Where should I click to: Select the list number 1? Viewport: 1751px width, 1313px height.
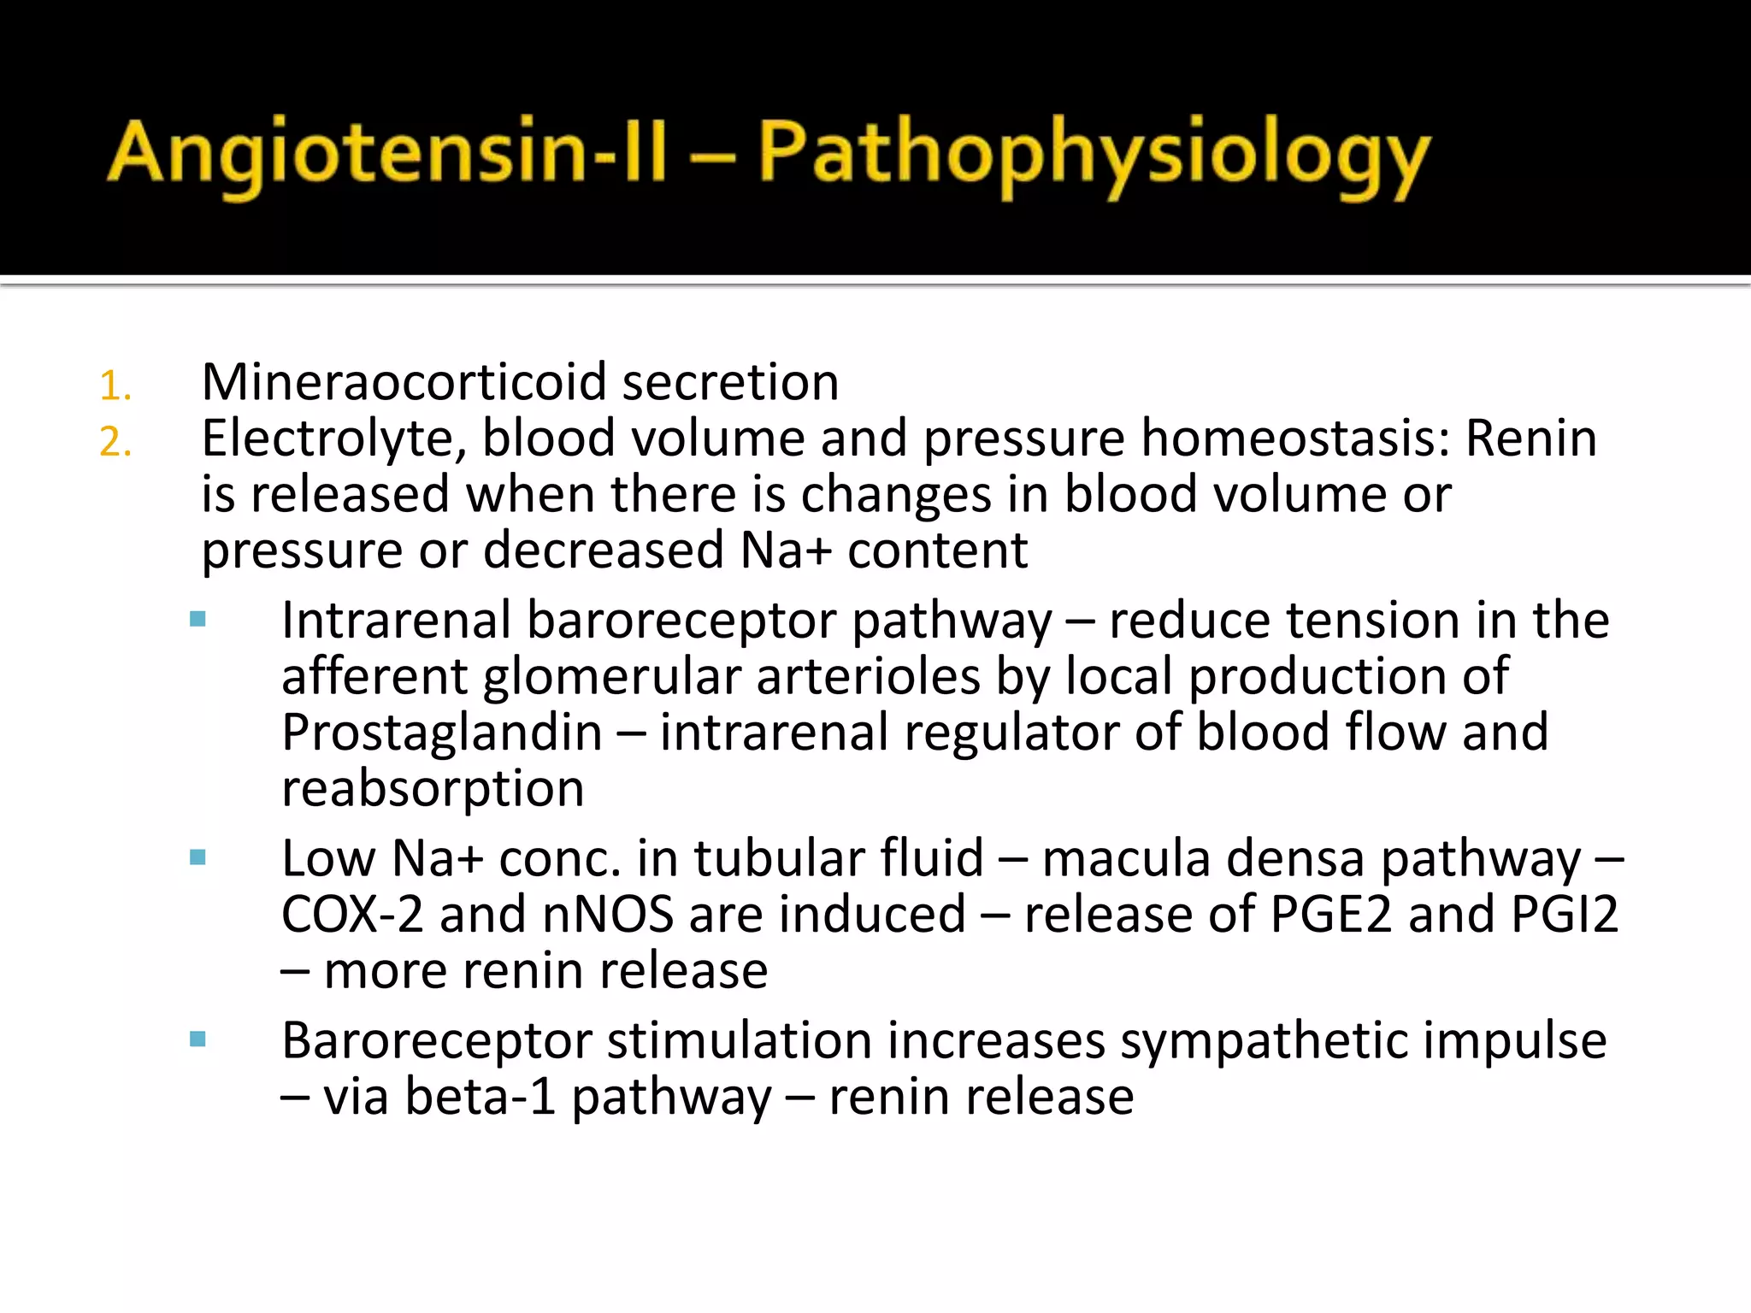115,386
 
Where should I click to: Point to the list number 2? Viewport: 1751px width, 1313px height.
115,443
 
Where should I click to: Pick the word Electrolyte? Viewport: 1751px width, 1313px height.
333,439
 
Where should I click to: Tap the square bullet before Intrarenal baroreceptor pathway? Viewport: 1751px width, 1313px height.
198,620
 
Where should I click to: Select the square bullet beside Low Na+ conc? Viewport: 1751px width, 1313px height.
198,858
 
